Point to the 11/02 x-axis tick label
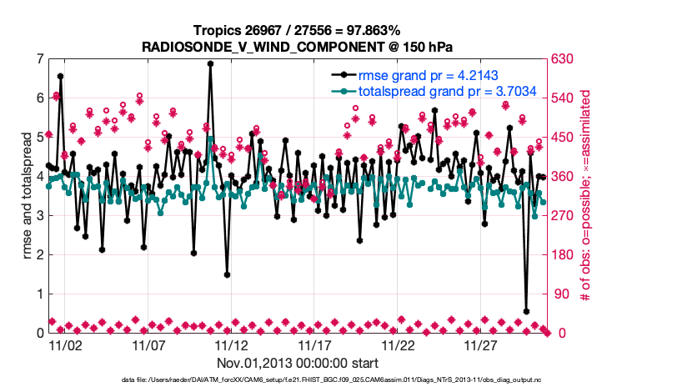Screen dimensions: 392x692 [65, 345]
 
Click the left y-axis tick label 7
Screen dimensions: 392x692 [39, 59]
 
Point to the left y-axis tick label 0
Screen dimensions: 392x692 [39, 333]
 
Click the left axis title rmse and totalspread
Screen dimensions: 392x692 [25, 196]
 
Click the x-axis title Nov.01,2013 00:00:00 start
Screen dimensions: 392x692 [298, 363]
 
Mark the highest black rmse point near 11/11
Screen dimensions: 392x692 [210, 63]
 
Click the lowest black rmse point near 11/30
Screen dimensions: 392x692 [526, 311]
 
